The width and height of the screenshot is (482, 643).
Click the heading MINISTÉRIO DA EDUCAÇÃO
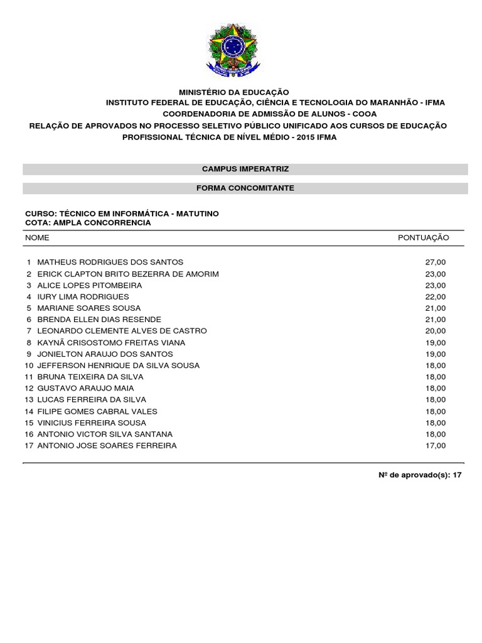[234, 92]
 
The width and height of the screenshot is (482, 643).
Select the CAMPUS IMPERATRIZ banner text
[245, 169]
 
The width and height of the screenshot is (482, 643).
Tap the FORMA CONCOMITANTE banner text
[245, 188]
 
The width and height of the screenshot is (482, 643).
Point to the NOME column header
[37, 238]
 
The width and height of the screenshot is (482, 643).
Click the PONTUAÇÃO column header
[424, 238]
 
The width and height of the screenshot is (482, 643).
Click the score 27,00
[435, 262]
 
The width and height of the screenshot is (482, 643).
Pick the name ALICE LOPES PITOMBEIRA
[90, 285]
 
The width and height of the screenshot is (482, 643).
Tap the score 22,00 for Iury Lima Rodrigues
[435, 296]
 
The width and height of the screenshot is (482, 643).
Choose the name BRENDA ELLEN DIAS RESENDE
[99, 320]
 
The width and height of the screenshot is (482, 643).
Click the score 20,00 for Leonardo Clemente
[435, 331]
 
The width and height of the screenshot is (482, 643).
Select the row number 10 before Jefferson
[29, 365]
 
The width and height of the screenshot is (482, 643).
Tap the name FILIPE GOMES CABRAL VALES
[97, 411]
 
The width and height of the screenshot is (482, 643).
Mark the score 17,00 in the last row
[435, 446]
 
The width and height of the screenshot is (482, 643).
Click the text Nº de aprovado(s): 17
[419, 475]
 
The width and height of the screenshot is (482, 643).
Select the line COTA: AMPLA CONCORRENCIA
[88, 223]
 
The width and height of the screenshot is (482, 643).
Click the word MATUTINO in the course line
[198, 213]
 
